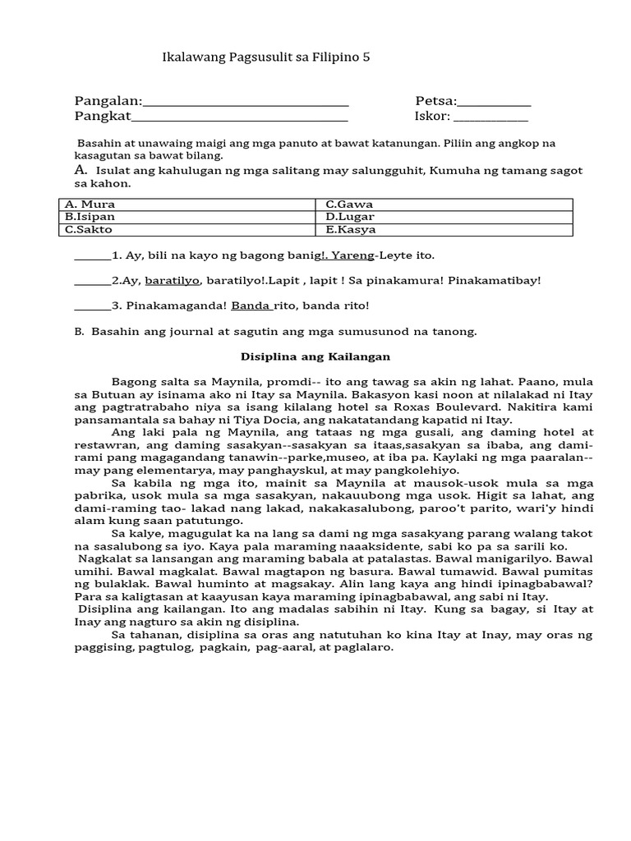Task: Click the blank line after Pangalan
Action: click(x=246, y=103)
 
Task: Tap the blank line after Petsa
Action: click(x=494, y=103)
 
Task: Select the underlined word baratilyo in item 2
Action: click(x=173, y=281)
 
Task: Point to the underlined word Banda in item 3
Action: click(x=251, y=306)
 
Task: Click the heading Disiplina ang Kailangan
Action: click(x=315, y=357)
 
